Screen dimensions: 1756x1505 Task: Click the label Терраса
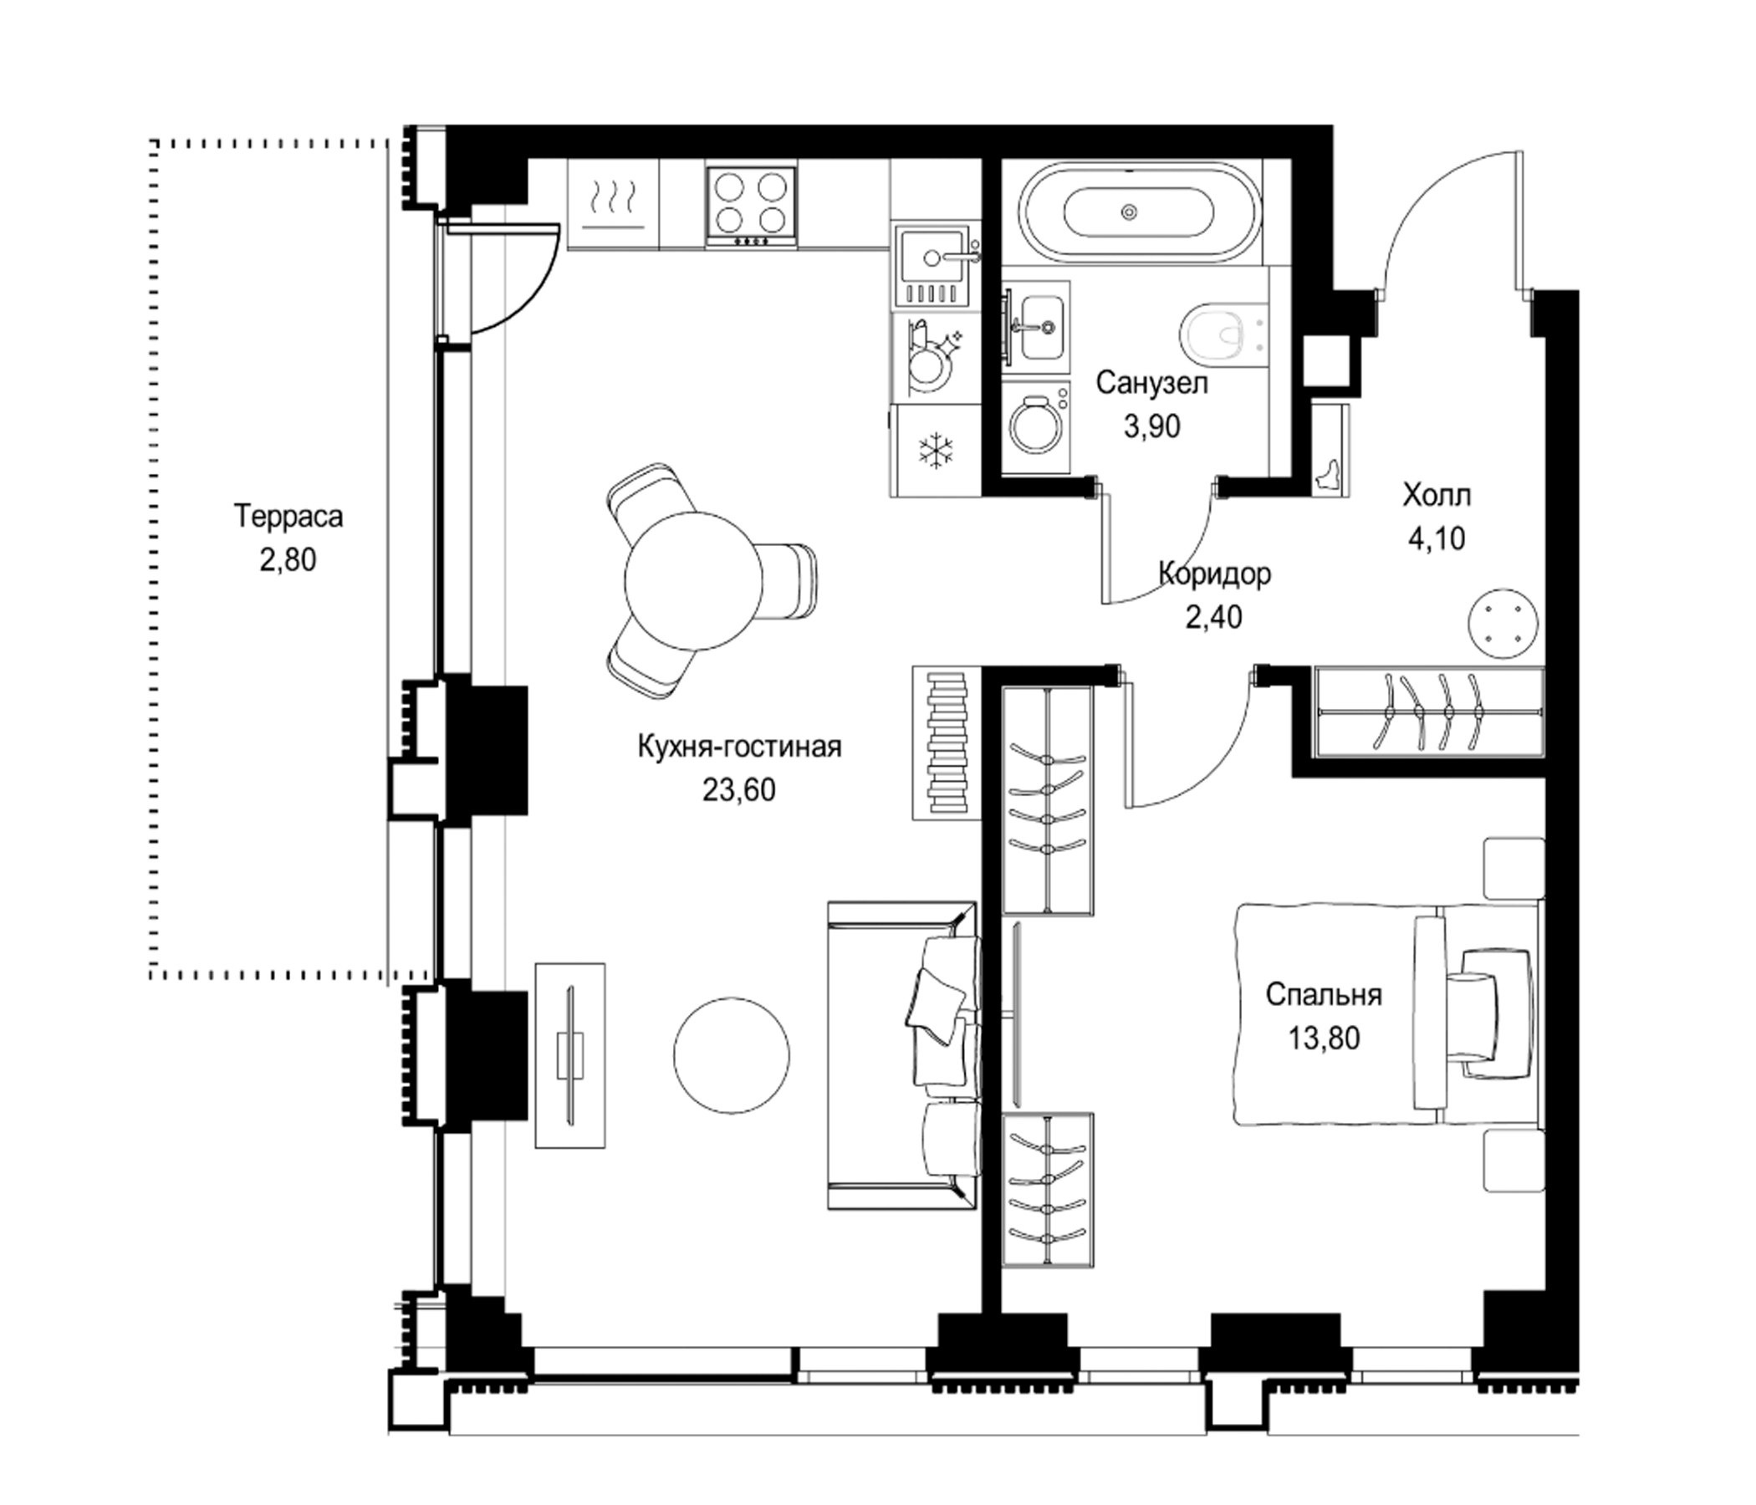[289, 517]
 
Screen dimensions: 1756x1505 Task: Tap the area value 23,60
[739, 790]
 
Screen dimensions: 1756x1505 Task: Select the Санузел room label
[1151, 383]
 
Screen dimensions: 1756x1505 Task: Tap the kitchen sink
[932, 267]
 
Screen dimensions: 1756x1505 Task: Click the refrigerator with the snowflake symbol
[936, 450]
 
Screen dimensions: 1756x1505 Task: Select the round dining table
[693, 580]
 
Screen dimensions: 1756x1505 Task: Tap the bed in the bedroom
[1387, 1015]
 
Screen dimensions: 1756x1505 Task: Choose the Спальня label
[1324, 994]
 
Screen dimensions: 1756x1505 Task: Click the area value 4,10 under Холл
[1437, 538]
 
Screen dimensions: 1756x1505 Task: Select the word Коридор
[1214, 574]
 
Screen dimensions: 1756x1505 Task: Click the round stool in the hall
[1503, 624]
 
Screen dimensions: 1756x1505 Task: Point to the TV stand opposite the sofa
[570, 1056]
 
